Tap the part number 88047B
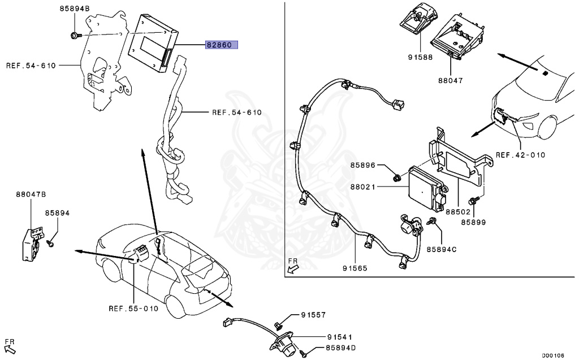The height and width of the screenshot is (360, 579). pos(31,194)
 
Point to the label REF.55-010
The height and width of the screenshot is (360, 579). pos(134,309)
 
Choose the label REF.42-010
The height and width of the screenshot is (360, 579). pos(520,154)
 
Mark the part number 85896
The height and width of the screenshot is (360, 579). pos(362,166)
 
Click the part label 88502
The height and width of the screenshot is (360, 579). pos(458,212)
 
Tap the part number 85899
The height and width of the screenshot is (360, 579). pos(473,223)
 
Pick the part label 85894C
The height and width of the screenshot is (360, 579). pos(442,249)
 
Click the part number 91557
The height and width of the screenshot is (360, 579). pos(313,314)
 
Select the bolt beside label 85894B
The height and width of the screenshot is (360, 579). pos(75,36)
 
